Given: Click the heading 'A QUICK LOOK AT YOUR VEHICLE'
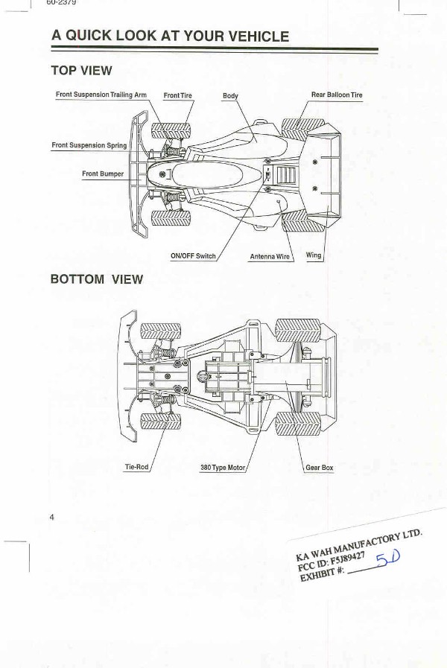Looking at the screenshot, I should click(170, 36).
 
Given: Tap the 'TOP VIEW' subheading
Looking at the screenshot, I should click(81, 71).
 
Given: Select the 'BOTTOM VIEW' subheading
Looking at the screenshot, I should click(96, 279).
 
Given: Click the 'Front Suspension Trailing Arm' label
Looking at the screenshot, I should click(101, 95).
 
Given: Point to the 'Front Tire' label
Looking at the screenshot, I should click(178, 96).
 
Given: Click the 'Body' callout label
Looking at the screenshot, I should click(230, 96).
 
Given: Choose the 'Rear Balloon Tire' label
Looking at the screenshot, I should click(337, 95).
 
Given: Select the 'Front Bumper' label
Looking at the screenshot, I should click(103, 174).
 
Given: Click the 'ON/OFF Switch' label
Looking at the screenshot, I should click(193, 256).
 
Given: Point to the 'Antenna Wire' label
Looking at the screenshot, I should click(270, 256).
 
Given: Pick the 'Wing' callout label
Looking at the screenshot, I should click(314, 255).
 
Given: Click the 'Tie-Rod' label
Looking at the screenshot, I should click(136, 468).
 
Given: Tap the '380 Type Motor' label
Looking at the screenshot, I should click(223, 468).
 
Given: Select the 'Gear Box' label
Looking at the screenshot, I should click(320, 468).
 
